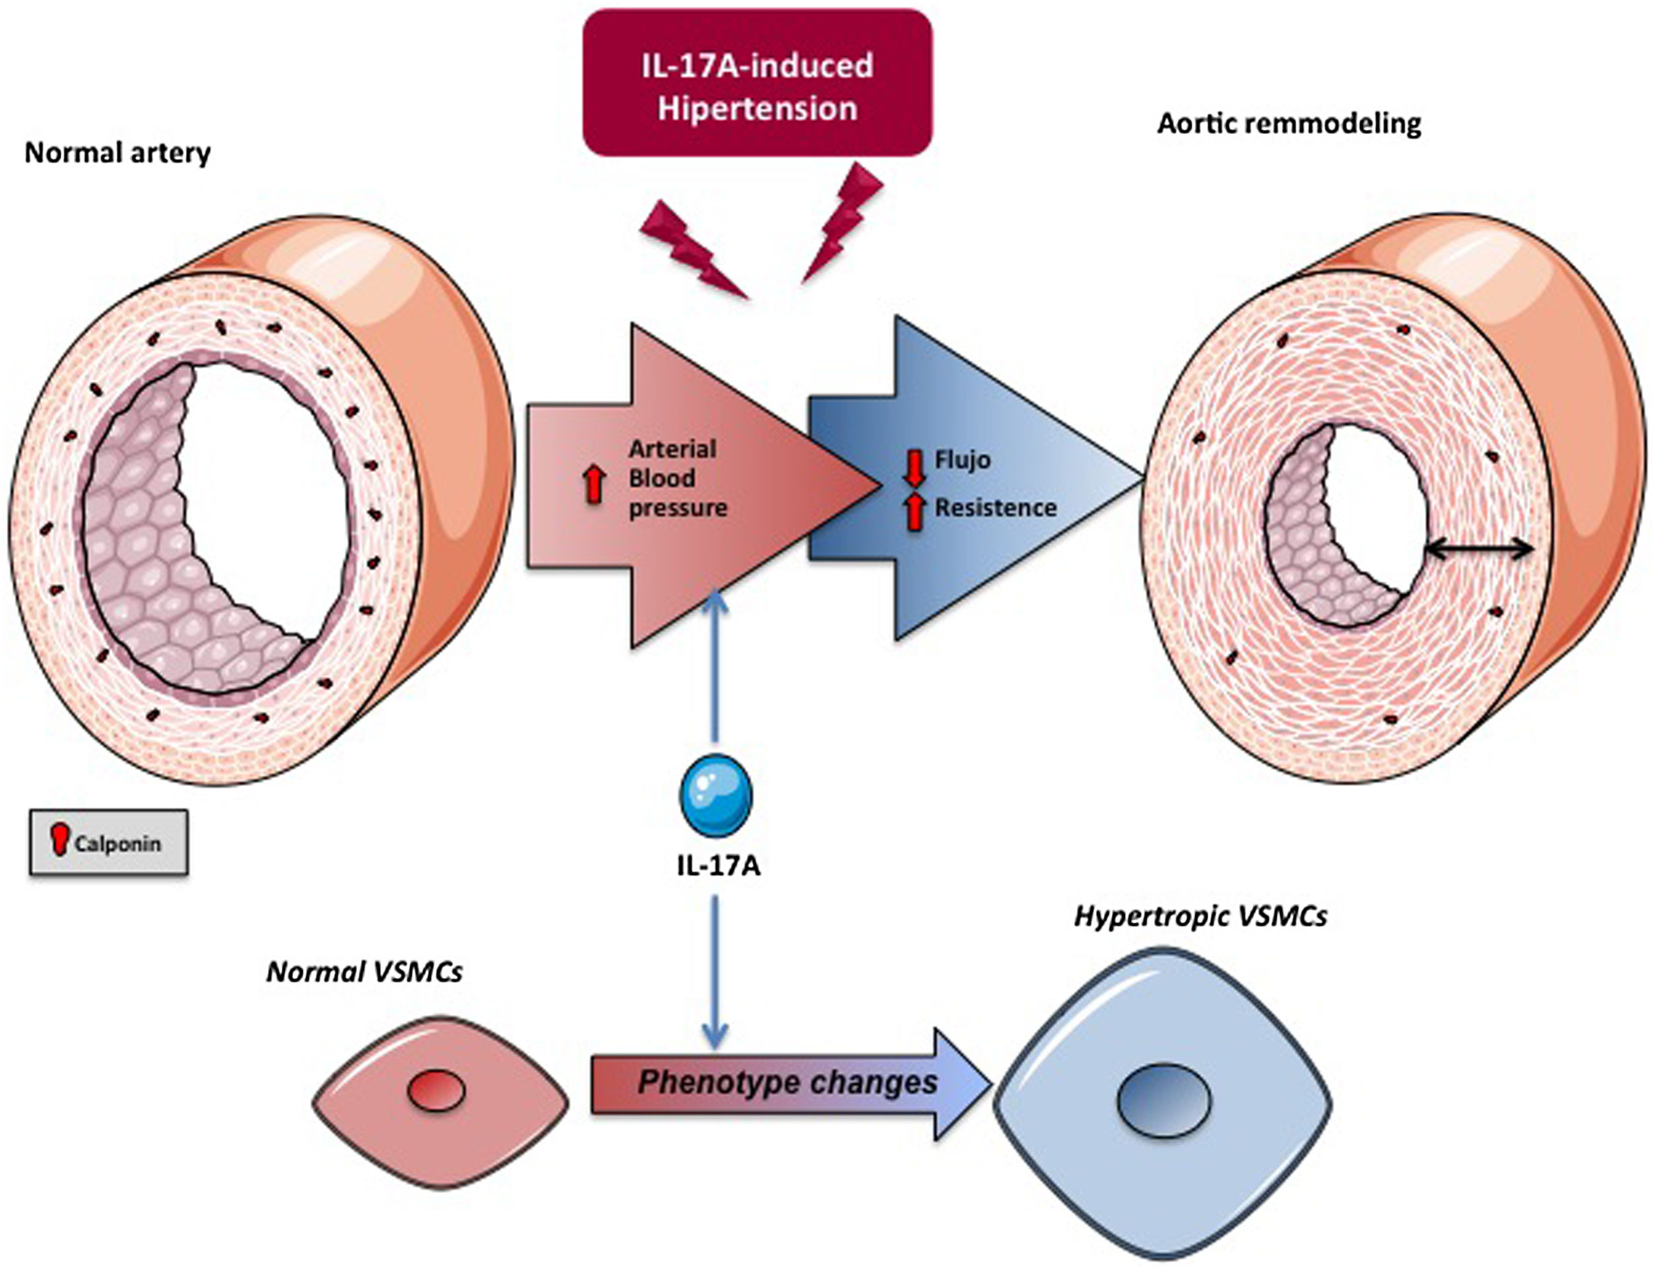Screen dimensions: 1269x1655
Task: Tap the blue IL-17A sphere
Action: tap(715, 795)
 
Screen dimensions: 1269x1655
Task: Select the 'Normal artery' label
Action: tap(118, 153)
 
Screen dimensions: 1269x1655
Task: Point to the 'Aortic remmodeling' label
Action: tap(1289, 124)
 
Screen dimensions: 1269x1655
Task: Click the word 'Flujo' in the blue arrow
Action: tap(962, 460)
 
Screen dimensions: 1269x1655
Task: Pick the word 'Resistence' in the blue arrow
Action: tap(996, 507)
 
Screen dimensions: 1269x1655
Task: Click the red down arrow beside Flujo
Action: tap(915, 469)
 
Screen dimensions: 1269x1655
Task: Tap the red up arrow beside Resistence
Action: tap(915, 512)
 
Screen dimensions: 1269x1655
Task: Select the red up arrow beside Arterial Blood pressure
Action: tap(595, 484)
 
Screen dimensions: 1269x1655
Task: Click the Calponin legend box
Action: tap(109, 842)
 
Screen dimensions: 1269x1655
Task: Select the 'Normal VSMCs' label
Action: tap(364, 972)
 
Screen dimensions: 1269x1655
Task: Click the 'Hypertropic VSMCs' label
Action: tap(1200, 916)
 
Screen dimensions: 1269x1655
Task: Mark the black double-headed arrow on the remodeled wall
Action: tap(1477, 550)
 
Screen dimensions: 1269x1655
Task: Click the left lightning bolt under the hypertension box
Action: tap(691, 247)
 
